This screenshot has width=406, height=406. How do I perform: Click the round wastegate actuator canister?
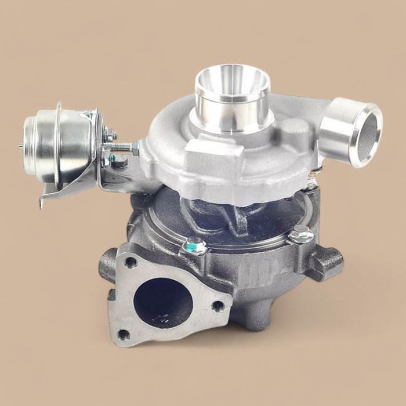click(58, 139)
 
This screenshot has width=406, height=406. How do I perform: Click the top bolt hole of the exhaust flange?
click(131, 263)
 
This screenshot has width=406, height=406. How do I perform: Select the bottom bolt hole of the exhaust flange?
click(122, 334)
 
